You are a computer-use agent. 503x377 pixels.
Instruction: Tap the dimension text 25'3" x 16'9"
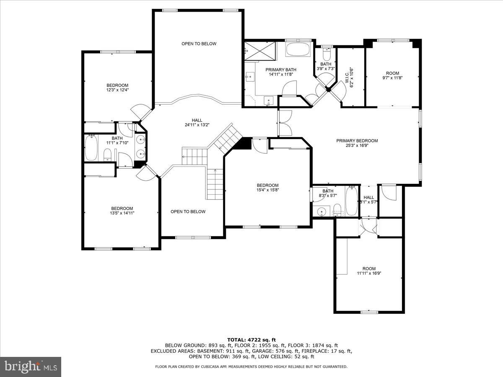coord(357,146)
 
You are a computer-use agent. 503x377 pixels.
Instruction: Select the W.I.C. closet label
coord(352,77)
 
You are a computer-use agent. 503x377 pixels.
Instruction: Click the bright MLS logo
coord(31,367)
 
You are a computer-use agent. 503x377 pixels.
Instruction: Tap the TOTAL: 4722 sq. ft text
coord(251,340)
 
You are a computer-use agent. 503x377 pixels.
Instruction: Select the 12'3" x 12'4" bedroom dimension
coord(117,90)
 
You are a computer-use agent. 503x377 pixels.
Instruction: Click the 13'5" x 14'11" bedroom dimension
coord(122,213)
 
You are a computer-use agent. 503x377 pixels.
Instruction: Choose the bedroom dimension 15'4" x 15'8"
coord(267,190)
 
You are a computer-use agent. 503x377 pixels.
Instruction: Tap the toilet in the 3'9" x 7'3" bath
coord(327,55)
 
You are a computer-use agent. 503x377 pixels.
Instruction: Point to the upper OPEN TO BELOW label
coord(199,44)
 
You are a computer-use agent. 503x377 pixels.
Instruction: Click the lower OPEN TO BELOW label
coord(188,212)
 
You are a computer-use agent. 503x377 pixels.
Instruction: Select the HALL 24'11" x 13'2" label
coord(194,122)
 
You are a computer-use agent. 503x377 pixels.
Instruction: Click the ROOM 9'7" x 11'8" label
coord(392,75)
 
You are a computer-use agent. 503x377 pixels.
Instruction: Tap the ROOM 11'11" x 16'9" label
coord(369,271)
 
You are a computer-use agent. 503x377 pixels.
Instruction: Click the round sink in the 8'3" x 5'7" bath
coord(322,211)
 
